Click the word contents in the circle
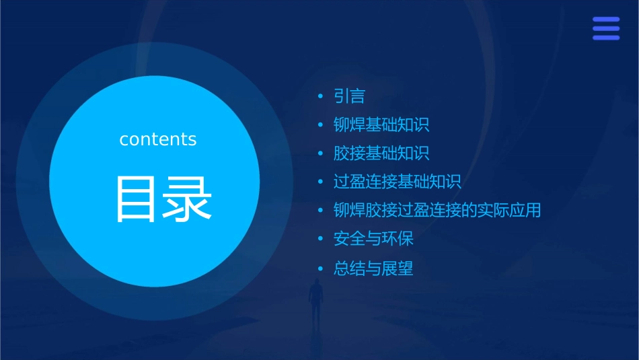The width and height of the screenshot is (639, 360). (x=158, y=139)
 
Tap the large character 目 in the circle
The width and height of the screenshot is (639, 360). (x=137, y=199)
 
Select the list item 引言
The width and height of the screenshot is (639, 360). (x=349, y=96)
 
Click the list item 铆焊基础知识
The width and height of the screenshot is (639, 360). (x=381, y=124)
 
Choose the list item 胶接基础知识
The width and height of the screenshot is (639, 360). (x=381, y=153)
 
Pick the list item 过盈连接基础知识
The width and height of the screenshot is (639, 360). (x=397, y=182)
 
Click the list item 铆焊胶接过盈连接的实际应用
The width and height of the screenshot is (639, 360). (x=437, y=211)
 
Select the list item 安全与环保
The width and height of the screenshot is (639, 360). (x=373, y=239)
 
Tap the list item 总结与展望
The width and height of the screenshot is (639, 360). (x=373, y=269)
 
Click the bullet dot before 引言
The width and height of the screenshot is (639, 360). (x=321, y=97)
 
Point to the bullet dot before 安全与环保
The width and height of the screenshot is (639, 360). (x=321, y=240)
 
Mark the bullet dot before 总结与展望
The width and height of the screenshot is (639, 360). (x=321, y=269)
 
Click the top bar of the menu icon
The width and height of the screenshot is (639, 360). (x=606, y=20)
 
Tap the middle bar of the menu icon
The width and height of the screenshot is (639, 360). (x=606, y=28)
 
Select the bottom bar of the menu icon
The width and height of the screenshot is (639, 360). (x=606, y=38)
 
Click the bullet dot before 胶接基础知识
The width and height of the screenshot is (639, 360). (x=321, y=154)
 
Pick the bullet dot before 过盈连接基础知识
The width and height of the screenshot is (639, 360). (x=321, y=182)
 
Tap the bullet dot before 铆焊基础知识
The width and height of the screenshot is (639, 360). (x=321, y=125)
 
